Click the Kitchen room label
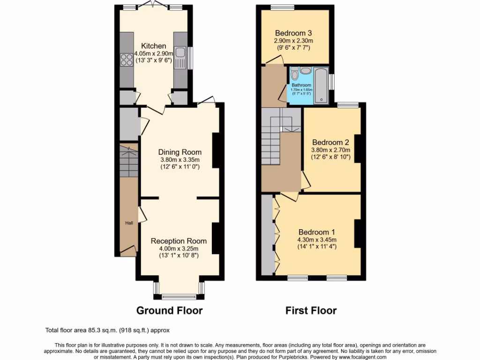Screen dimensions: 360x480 pos(154,46)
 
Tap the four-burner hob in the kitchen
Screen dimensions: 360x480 pos(127,60)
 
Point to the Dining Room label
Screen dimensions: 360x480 pos(180,152)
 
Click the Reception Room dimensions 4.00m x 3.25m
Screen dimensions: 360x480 pos(179,248)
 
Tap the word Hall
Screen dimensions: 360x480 pos(128,223)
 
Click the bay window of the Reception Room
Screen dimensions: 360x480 pos(179,296)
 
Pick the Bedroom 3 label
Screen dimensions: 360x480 pos(293,33)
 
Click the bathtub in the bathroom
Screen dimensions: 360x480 pos(322,84)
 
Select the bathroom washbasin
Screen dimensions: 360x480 pos(306,71)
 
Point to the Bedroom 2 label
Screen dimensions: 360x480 pos(330,142)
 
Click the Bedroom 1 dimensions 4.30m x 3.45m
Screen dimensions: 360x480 pos(317,240)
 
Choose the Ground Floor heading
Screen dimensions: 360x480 pos(169,310)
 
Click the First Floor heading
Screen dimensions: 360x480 pos(311,310)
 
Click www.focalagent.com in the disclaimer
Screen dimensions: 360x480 pos(359,357)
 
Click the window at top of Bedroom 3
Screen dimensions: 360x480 pos(282,7)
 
